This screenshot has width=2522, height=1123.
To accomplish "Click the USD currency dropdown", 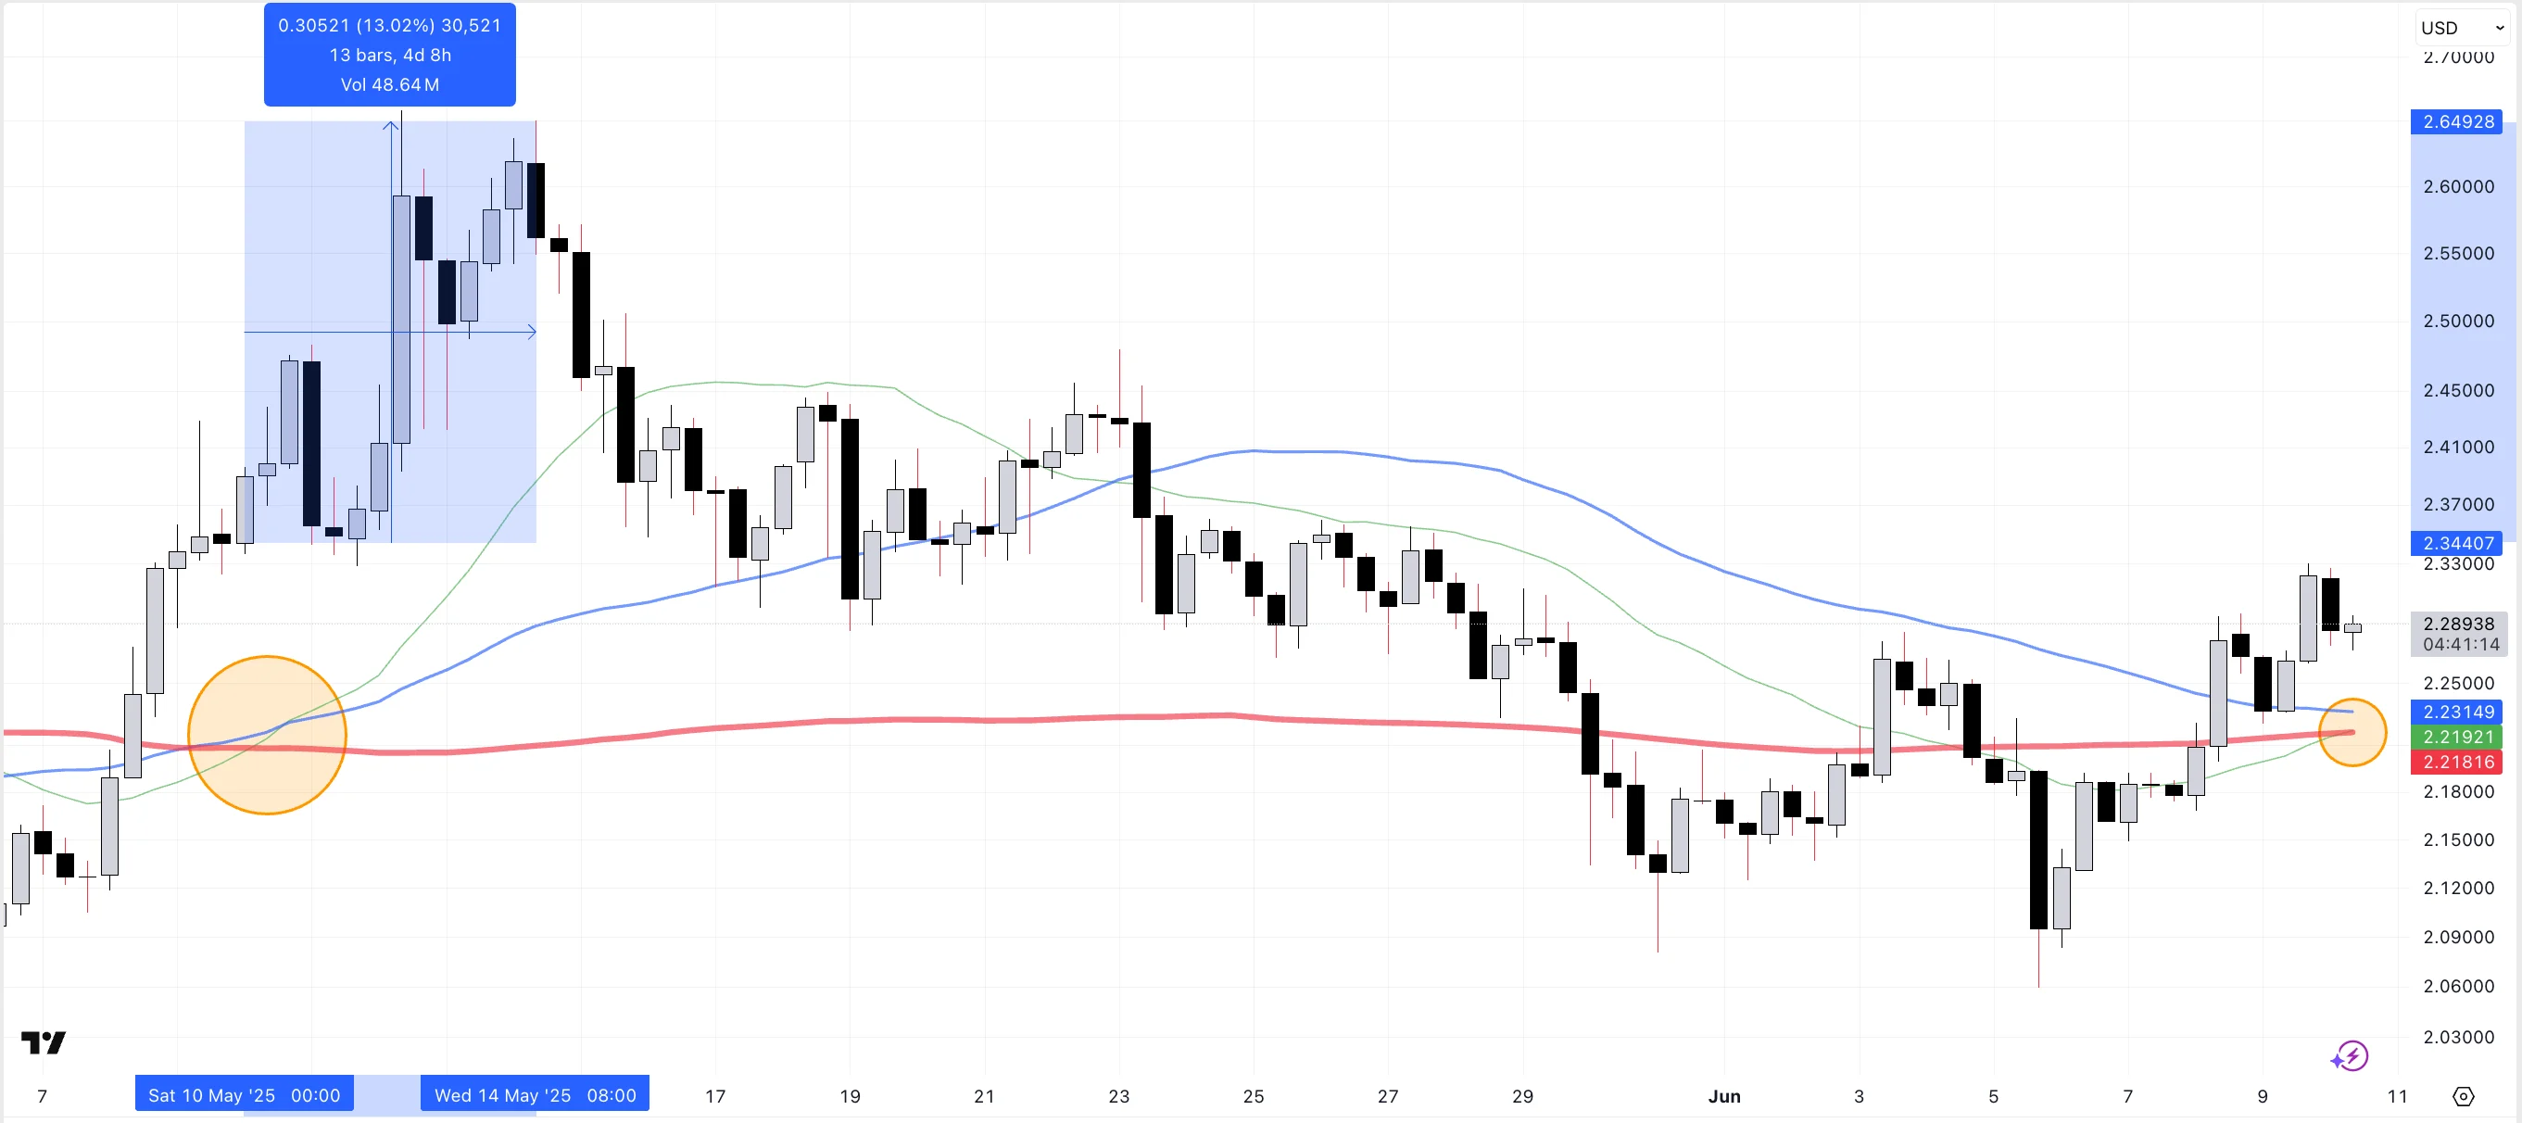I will (2460, 28).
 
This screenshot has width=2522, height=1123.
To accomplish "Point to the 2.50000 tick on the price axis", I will (2457, 322).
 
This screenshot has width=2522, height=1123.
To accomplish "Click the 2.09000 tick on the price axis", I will (2457, 937).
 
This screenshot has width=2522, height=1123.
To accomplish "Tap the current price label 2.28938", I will (2457, 624).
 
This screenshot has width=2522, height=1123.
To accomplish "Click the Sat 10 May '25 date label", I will (244, 1094).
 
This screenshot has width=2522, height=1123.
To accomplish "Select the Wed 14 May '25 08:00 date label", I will (535, 1094).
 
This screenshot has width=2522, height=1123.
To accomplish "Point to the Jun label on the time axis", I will (1723, 1095).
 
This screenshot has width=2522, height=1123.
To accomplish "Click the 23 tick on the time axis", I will (1118, 1095).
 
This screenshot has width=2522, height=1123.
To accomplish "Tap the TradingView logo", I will (43, 1042).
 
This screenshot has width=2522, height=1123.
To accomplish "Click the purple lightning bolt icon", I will (2350, 1055).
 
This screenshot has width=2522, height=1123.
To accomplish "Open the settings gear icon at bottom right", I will (2464, 1095).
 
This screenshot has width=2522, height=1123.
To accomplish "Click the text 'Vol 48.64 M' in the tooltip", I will (390, 84).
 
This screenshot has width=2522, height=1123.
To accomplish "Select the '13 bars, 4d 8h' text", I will (390, 55).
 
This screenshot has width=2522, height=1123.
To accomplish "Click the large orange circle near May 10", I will (266, 735).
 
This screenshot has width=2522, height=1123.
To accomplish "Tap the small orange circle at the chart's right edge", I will (2352, 731).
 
